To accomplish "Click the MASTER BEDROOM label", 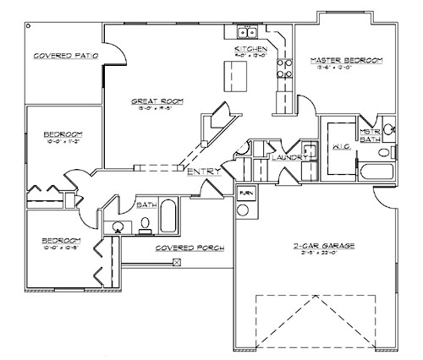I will point(346,60).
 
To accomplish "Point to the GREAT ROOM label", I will point(151,101).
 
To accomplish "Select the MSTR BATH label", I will point(368,137).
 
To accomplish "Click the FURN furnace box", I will point(245,193).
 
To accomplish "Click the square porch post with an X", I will point(176,262).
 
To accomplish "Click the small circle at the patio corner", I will point(30,25).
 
